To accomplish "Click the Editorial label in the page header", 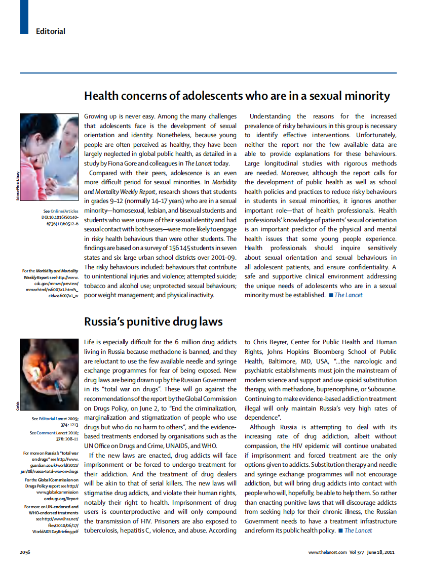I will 50,31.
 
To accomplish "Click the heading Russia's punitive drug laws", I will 153,321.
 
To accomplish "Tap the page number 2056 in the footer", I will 26,552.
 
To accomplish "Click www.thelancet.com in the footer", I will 327,552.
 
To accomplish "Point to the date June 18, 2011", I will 379,552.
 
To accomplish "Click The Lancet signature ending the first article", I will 348,295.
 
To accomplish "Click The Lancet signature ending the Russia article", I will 358,530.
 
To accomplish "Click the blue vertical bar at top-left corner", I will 24,17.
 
